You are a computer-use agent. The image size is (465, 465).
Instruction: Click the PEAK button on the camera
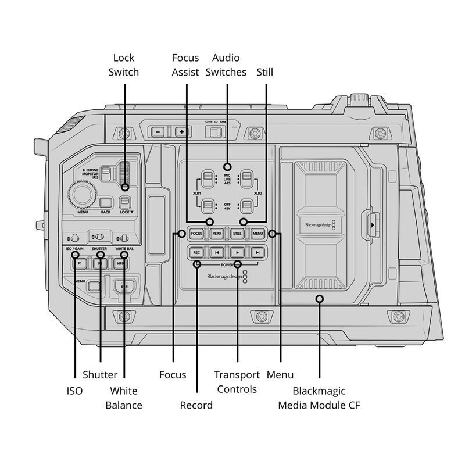(x=217, y=234)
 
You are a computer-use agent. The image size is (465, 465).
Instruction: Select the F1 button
(x=79, y=263)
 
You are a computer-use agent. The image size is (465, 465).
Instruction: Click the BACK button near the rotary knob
(x=105, y=203)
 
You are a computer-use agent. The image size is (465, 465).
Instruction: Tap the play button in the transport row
(x=237, y=252)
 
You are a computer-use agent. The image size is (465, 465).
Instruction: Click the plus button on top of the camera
(x=181, y=132)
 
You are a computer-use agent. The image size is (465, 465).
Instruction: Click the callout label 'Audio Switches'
(x=230, y=65)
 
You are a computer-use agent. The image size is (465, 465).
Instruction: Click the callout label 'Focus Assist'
(x=185, y=65)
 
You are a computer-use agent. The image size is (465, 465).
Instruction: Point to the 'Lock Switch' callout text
(x=124, y=65)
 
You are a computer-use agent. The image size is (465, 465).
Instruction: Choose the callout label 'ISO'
(x=75, y=391)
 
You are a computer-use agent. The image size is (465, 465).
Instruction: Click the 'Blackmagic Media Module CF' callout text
(x=319, y=398)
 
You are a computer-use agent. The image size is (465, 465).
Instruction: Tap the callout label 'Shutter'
(x=100, y=375)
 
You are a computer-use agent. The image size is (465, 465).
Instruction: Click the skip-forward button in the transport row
(x=257, y=252)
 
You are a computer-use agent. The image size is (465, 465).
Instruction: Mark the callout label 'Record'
(x=196, y=405)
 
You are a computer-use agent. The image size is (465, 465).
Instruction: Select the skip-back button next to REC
(x=216, y=252)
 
